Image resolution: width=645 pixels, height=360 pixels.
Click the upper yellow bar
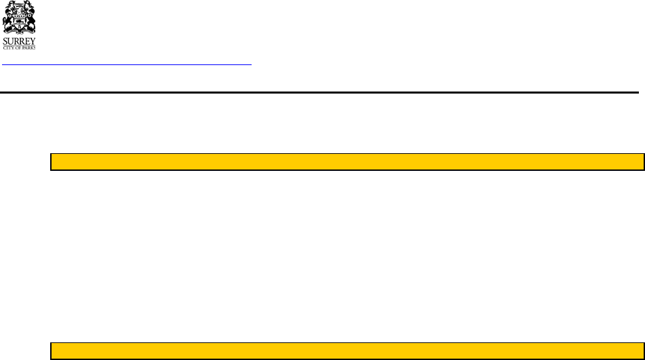347,161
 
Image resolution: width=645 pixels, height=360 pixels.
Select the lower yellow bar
347,350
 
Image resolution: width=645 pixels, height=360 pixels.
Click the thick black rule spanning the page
319,92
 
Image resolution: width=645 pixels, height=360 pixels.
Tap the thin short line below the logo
127,65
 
